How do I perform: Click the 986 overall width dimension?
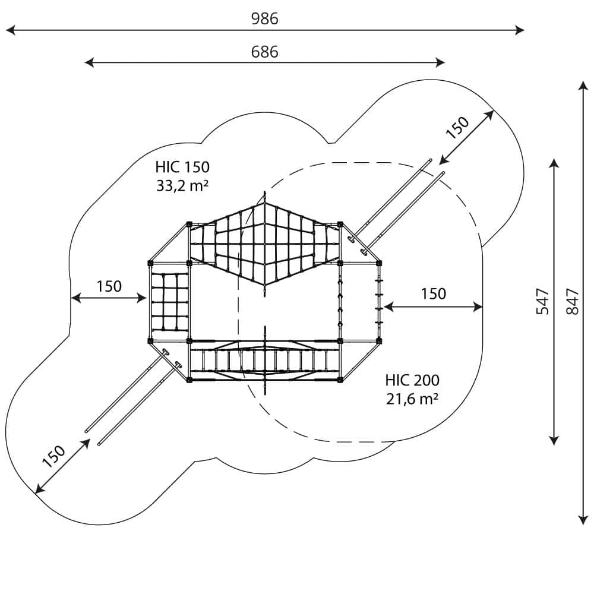(264, 19)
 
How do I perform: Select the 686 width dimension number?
(264, 52)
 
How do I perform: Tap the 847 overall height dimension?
(572, 302)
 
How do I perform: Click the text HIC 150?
(182, 167)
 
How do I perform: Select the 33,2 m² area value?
(182, 185)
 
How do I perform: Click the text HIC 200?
(412, 380)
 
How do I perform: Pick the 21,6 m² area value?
(412, 399)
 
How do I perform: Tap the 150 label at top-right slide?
(458, 127)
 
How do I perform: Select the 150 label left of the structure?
(109, 286)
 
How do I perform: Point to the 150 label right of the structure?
(434, 293)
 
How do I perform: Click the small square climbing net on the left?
(169, 301)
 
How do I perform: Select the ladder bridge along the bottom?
(264, 359)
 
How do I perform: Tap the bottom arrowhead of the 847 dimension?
(583, 521)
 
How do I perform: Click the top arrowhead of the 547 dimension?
(554, 162)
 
